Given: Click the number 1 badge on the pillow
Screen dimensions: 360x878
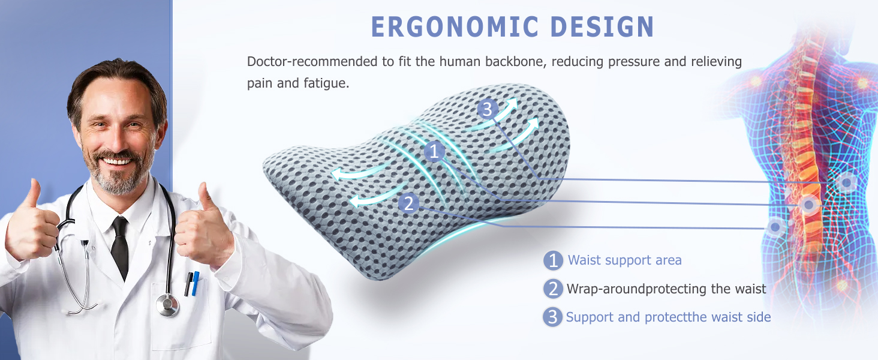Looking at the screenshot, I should tap(434, 152).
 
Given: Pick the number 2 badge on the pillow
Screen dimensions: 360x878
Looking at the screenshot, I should tap(409, 203).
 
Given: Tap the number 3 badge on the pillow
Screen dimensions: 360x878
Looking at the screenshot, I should tap(487, 109).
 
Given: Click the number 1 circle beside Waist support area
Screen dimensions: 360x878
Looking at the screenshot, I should tap(553, 260).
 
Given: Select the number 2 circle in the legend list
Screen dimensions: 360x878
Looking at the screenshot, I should tap(553, 289).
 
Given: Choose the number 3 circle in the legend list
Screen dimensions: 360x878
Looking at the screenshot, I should tap(552, 317).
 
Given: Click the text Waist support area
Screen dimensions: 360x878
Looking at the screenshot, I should tap(624, 260).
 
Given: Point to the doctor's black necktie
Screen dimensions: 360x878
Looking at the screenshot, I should tap(121, 246).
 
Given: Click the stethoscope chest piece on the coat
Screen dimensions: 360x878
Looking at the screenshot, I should tap(167, 305).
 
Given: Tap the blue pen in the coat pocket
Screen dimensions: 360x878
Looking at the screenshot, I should tap(195, 283).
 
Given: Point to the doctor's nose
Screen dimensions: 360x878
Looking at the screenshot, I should tap(118, 140).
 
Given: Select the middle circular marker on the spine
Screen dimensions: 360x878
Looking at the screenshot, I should tap(808, 205).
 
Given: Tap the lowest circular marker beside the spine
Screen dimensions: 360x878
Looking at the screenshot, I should tap(776, 227).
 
